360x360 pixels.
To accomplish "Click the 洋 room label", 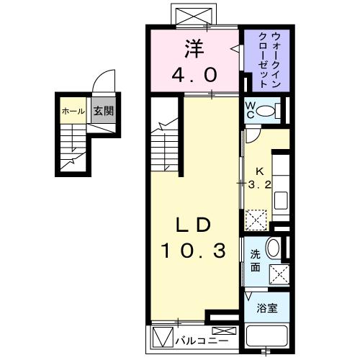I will [x=192, y=50].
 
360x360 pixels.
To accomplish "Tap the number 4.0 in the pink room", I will [x=193, y=74].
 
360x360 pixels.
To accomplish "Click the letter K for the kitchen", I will [x=261, y=171].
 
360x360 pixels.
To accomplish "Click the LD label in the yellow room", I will [x=194, y=225].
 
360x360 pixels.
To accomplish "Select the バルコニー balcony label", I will [x=208, y=338].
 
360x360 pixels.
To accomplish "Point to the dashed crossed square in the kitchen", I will [x=256, y=218].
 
